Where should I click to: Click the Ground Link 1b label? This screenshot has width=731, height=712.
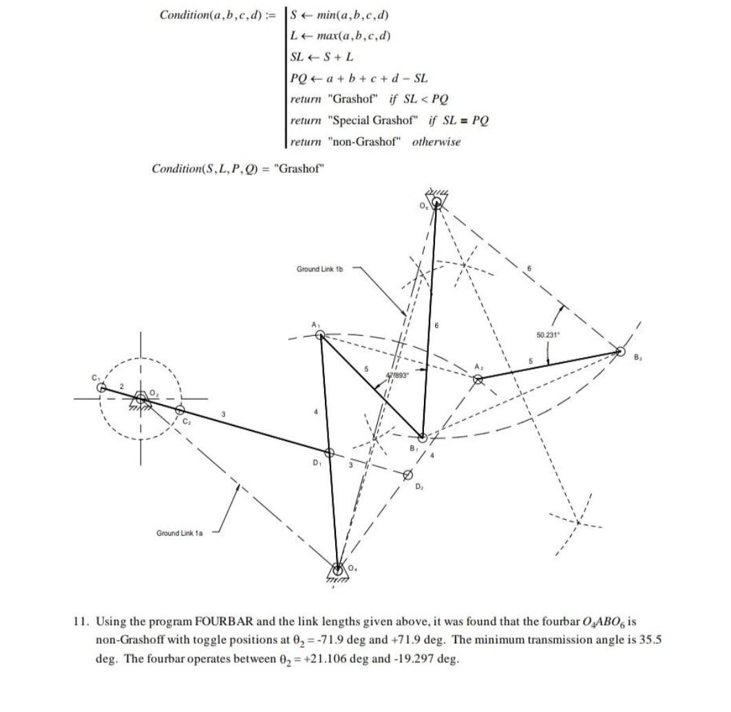[319, 269]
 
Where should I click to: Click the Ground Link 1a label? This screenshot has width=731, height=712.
[179, 533]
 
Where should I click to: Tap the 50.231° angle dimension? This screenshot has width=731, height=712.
[549, 335]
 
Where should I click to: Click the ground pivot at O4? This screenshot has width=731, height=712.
[337, 569]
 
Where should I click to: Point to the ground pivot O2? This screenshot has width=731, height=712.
[141, 398]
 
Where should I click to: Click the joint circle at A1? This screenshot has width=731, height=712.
[320, 335]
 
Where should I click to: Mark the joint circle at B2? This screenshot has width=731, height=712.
[620, 353]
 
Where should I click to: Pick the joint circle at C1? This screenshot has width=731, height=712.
[102, 388]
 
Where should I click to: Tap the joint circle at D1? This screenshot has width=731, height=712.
[329, 452]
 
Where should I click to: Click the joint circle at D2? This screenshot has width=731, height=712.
[407, 474]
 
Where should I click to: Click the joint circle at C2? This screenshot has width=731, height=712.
[180, 411]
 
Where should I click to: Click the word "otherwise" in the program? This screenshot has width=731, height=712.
[436, 142]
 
